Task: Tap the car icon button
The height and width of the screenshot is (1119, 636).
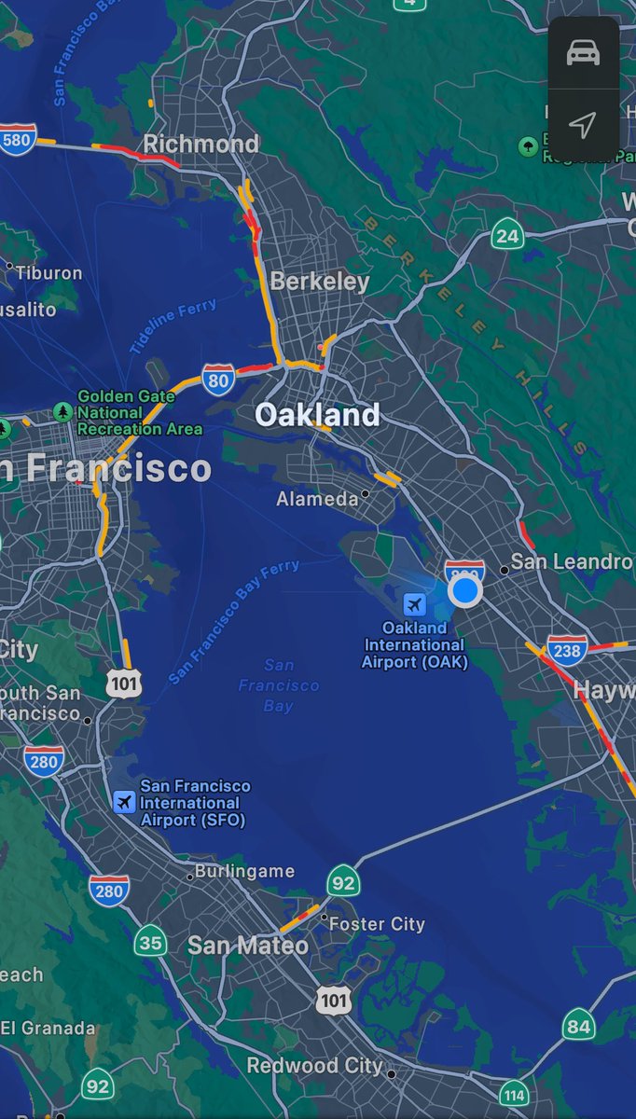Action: coord(583,53)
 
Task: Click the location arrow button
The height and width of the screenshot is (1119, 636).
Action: coord(583,125)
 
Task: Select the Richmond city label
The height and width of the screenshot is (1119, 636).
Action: coord(200,144)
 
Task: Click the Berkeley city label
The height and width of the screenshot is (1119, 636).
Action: coord(320,281)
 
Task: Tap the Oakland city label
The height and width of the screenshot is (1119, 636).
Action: coord(317,414)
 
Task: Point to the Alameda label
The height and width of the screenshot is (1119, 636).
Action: coord(317,499)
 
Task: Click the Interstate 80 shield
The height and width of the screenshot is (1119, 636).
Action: coord(217,380)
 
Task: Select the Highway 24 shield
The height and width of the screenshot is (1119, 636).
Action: coord(507,235)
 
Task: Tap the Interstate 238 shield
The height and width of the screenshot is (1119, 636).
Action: coord(567,649)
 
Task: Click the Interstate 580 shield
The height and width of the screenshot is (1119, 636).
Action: coord(18,139)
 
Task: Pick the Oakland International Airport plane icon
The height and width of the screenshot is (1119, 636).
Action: coord(414,605)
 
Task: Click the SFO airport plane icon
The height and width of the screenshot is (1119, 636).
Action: coord(124,802)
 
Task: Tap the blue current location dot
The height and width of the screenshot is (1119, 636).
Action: coord(464,590)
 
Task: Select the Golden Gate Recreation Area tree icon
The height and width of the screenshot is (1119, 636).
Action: coord(62,411)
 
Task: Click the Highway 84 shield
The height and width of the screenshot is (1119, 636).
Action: coord(578,1027)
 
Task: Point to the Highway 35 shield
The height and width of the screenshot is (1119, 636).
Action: coord(150,942)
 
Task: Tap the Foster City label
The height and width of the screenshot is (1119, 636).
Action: coord(378,923)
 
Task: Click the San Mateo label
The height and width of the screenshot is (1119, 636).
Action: coord(248,945)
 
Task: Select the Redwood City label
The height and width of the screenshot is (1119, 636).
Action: coord(314,1065)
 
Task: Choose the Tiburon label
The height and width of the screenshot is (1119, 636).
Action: coord(49,273)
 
